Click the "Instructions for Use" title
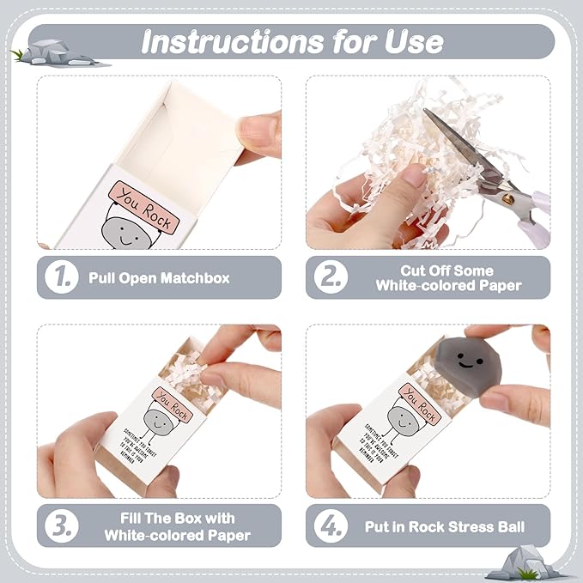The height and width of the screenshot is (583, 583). [292, 40]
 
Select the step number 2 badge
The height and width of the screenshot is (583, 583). [330, 277]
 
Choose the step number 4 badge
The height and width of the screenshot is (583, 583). [330, 525]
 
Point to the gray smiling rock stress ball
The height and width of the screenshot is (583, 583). [468, 361]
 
